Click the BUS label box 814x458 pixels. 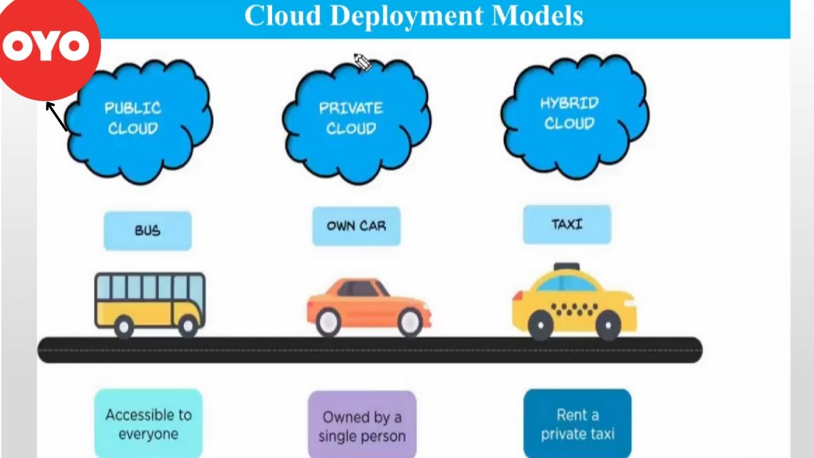[148, 230]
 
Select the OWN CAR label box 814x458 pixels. [356, 226]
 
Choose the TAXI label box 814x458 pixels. [567, 224]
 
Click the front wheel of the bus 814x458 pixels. [188, 327]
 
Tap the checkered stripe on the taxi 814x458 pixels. [574, 310]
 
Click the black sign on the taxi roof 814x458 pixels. [566, 267]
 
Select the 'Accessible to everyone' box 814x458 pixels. [148, 424]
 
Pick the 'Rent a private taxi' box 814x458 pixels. [577, 424]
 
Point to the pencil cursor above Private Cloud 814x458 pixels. [361, 62]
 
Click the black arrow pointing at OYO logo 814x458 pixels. [57, 116]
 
